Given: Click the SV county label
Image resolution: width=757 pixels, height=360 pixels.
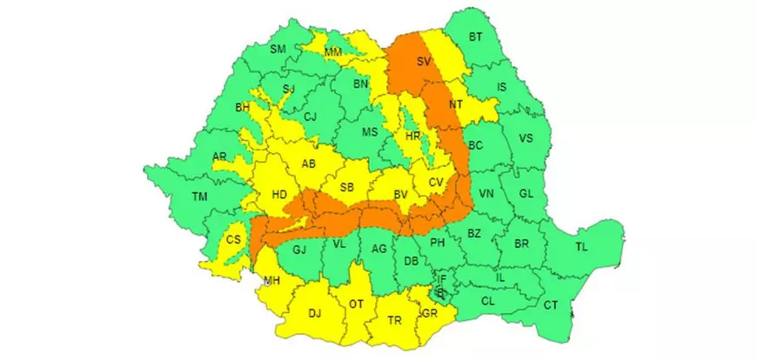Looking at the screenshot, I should (x=424, y=62).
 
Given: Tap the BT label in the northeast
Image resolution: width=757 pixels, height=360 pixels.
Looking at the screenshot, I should (x=476, y=37).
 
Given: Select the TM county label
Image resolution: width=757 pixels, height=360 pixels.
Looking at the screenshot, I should (x=200, y=197).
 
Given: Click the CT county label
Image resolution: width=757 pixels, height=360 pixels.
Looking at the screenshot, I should (x=551, y=304).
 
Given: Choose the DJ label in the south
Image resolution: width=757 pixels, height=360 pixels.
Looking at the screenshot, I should (x=315, y=313).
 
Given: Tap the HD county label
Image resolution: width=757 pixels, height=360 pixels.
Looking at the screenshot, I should (x=280, y=195).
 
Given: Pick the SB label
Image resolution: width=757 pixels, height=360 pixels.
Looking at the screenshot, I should (x=346, y=187).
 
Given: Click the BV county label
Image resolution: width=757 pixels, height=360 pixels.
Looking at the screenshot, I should (x=401, y=195).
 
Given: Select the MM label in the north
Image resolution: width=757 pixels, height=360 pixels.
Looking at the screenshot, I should (x=332, y=53).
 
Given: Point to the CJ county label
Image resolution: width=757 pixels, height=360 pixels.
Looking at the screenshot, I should (x=310, y=117).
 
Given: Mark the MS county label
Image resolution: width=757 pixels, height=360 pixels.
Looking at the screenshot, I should (x=371, y=131).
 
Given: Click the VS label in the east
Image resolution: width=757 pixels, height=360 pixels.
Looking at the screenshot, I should (x=526, y=139).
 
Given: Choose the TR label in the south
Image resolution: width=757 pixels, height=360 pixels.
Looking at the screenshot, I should (x=395, y=321).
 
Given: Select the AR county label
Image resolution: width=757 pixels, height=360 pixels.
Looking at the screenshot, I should (x=220, y=157).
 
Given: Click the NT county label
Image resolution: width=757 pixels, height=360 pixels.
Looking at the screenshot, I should (x=455, y=104).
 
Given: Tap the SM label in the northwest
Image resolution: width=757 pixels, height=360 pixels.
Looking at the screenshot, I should (x=278, y=50).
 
